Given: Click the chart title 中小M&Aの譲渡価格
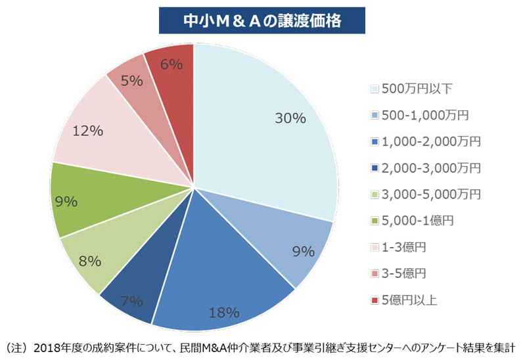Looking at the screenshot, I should click(x=261, y=20).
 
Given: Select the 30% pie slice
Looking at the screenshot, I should click(x=269, y=125).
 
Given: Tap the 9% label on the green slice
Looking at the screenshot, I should click(x=66, y=202).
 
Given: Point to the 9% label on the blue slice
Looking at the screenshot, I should click(x=303, y=250).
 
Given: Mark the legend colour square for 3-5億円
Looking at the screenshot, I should click(x=375, y=274).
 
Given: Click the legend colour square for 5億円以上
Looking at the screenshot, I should click(x=375, y=300).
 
